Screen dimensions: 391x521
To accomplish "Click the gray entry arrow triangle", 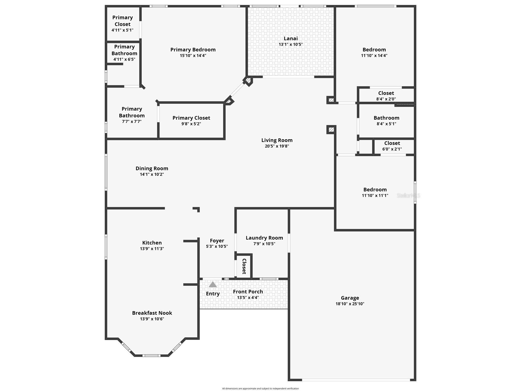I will tap(213, 284).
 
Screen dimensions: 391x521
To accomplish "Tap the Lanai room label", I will tap(291, 38).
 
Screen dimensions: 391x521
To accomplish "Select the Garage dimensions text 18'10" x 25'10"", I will tap(350, 304).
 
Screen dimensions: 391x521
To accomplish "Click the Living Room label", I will tap(277, 140).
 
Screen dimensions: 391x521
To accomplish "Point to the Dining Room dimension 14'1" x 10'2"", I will tap(152, 174).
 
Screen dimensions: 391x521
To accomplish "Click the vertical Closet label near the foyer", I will tap(244, 266).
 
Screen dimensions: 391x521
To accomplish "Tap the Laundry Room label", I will tap(264, 238).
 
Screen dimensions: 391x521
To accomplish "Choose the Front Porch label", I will tap(248, 292).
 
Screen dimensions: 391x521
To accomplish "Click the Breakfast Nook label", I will tap(152, 313).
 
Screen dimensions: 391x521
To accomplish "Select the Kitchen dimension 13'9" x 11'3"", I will tap(152, 249).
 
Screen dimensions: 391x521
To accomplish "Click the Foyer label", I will tap(217, 240).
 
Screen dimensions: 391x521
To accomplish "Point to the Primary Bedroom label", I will tap(193, 50).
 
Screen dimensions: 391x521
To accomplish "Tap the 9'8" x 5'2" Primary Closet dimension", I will tap(191, 124).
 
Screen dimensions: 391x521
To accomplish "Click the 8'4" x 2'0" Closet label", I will tap(386, 93).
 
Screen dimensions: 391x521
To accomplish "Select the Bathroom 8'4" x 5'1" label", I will tap(386, 118).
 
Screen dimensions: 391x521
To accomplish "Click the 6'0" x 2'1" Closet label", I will tap(392, 143).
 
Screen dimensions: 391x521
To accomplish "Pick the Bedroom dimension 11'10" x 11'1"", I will tap(375, 196).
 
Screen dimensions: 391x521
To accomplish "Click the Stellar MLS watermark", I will tap(408, 196).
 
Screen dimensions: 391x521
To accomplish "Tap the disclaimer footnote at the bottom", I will tap(260, 388).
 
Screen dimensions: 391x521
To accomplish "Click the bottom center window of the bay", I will tap(151, 355).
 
